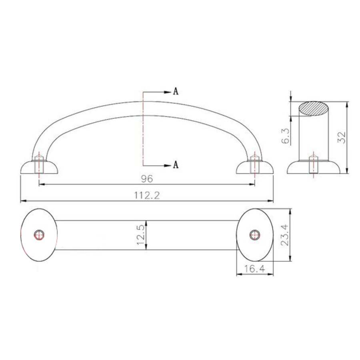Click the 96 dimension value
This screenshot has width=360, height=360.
[146, 178]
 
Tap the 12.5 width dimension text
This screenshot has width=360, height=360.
[140, 235]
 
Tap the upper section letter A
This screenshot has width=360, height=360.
[175, 92]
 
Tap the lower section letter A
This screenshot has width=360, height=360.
[175, 165]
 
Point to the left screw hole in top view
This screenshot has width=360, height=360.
[39, 235]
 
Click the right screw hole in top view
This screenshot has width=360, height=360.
[254, 235]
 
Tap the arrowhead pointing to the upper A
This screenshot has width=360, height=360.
[168, 92]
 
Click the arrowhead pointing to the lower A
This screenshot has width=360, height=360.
[168, 165]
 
